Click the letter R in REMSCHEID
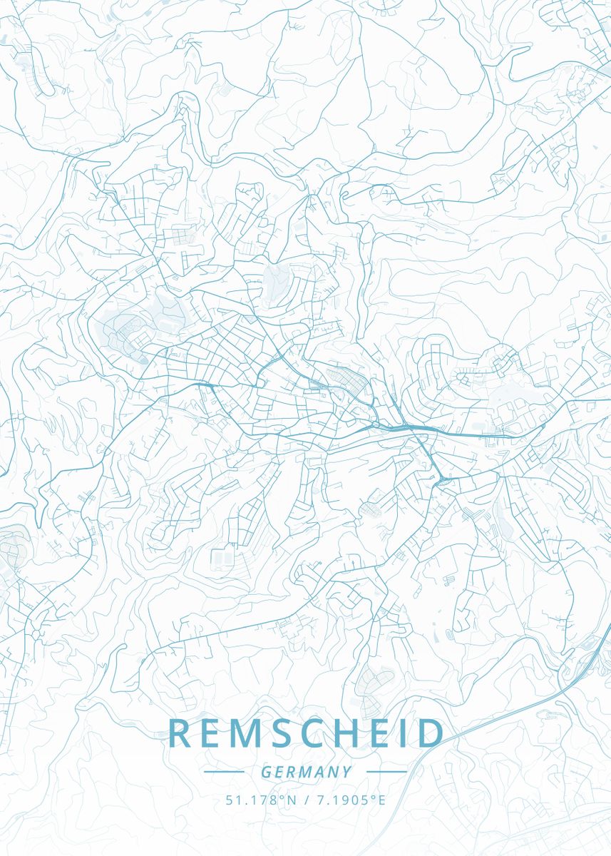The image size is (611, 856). pyautogui.click(x=181, y=733)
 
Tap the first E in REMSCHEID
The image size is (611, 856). pyautogui.click(x=214, y=733)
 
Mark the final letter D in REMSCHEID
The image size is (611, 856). pyautogui.click(x=431, y=733)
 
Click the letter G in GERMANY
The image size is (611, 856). pyautogui.click(x=266, y=772)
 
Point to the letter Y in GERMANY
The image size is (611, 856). pyautogui.click(x=347, y=772)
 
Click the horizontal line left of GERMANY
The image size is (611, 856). pyautogui.click(x=224, y=772)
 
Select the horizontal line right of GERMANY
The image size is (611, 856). pyautogui.click(x=386, y=772)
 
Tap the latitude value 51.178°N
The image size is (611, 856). pyautogui.click(x=261, y=800)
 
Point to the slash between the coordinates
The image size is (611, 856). pyautogui.click(x=307, y=800)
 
